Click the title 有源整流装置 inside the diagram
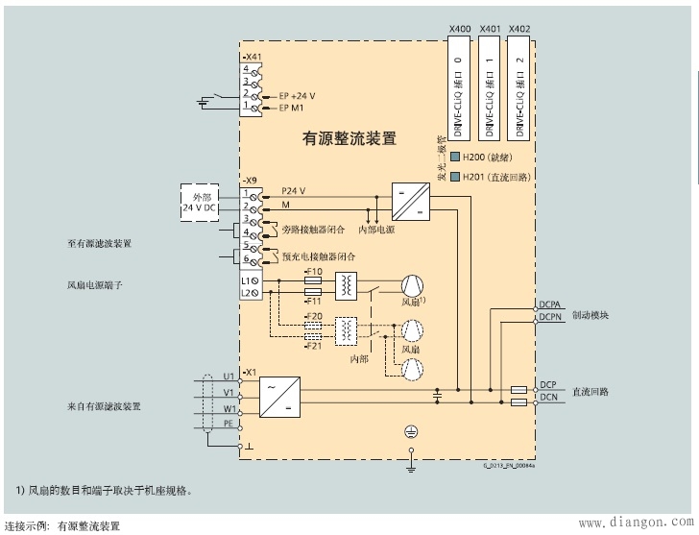[349, 138]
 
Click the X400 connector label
[460, 30]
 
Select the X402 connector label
[519, 30]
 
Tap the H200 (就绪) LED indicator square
[454, 157]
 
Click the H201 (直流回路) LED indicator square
[454, 177]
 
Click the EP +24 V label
[298, 97]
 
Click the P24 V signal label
[293, 191]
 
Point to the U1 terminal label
[229, 375]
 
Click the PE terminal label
[229, 423]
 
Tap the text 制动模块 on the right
[591, 314]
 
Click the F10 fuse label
[312, 273]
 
